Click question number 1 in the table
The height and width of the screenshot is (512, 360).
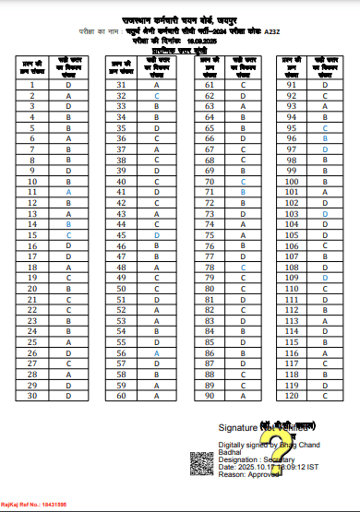[x=32, y=84]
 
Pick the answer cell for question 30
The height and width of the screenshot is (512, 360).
[x=68, y=396]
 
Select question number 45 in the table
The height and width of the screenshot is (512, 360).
[x=121, y=234]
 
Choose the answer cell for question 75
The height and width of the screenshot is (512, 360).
[x=243, y=234]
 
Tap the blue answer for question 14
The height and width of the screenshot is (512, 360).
[x=68, y=224]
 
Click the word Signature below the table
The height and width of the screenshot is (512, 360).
[x=237, y=429]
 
